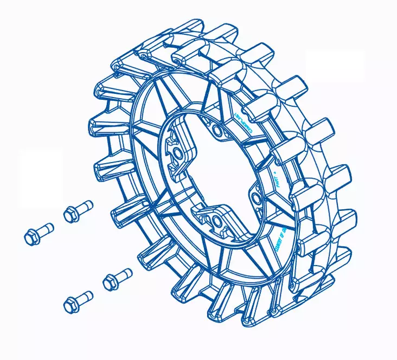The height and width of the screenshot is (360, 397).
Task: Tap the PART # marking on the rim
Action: pyautogui.click(x=277, y=179)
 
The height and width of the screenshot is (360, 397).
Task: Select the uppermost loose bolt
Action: pyautogui.click(x=77, y=211)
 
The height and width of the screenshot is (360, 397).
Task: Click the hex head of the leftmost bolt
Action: pyautogui.click(x=31, y=237)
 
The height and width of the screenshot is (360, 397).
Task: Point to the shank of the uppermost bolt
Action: pyautogui.click(x=84, y=207)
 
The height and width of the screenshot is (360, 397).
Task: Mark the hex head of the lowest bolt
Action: pyautogui.click(x=71, y=305)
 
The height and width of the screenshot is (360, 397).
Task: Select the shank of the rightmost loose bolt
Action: pyautogui.click(x=124, y=274)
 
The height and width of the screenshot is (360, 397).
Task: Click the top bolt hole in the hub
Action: pyautogui.click(x=217, y=130)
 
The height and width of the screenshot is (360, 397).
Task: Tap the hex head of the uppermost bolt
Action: pyautogui.click(x=70, y=215)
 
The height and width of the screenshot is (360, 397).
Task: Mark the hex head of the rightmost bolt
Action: pyautogui.click(x=110, y=282)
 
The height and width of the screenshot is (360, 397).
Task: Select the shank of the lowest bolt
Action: pyautogui.click(x=85, y=297)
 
